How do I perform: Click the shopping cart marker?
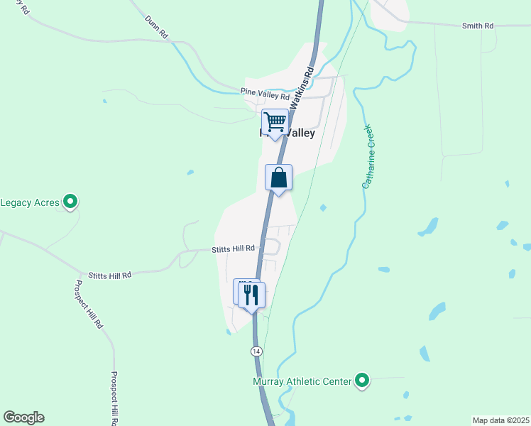[x=275, y=122]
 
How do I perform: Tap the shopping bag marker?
[x=279, y=177]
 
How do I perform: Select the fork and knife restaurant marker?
[x=251, y=294]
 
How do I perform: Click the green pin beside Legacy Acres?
[x=70, y=203]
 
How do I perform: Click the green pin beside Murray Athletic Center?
[x=362, y=381]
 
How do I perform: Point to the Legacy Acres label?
[x=31, y=203]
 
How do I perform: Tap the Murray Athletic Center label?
[x=302, y=382]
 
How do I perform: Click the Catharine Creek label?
[x=368, y=157]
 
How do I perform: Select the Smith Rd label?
[x=478, y=26]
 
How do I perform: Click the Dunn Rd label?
[x=156, y=28]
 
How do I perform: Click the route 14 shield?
[x=256, y=351]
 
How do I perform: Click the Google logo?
[x=23, y=417]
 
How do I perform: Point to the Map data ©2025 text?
[x=500, y=420]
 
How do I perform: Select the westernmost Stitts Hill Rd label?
[x=110, y=275]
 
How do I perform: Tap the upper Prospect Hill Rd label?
[x=89, y=304]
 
